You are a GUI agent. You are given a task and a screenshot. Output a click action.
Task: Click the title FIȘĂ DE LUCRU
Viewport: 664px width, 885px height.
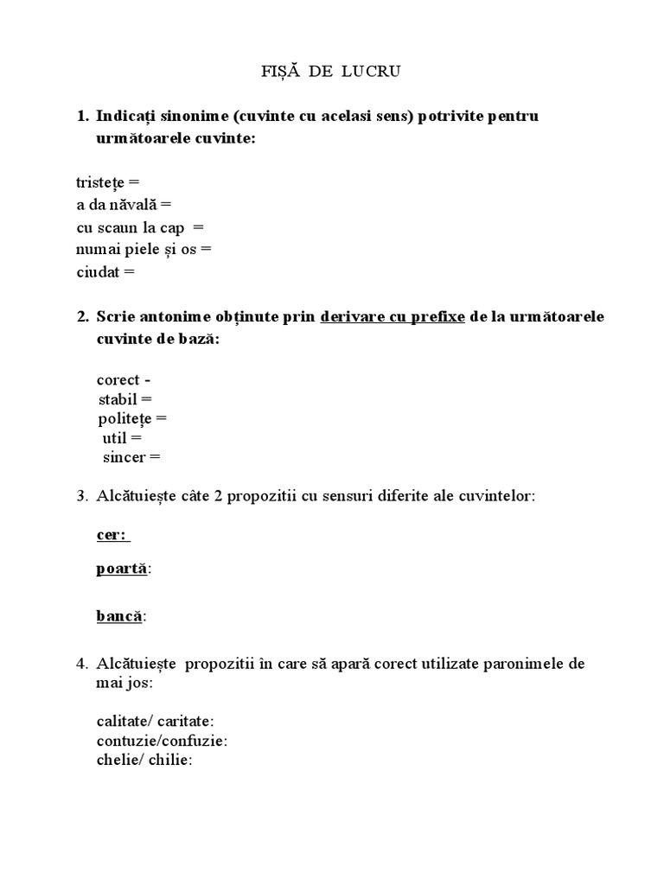tap(331, 73)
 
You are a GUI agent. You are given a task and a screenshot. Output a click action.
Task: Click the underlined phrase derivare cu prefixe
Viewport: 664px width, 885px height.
tap(393, 317)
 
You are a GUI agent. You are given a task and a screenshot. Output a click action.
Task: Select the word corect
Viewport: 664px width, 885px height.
tap(118, 379)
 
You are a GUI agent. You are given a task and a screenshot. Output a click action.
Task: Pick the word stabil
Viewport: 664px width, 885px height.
tap(118, 399)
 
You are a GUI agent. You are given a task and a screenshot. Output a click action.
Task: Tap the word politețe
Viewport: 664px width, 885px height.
tap(124, 418)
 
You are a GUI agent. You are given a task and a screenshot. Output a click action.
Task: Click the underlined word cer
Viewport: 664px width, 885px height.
tap(110, 535)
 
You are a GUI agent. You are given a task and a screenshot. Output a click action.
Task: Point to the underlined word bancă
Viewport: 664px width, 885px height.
tap(118, 616)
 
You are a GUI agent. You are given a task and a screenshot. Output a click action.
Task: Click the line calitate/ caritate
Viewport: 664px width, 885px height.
tap(155, 720)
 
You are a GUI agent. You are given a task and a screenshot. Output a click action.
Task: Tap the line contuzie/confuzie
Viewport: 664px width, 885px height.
tap(162, 740)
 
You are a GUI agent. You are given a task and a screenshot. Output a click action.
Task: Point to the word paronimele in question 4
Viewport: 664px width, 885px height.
tap(518, 664)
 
